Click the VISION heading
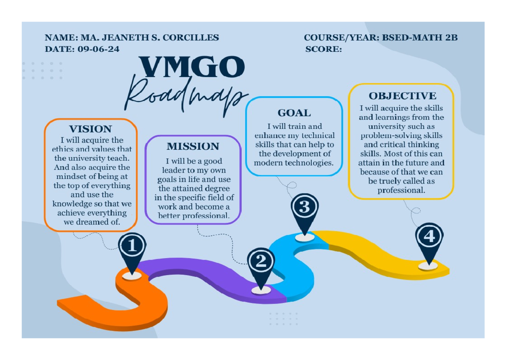[x=90, y=129]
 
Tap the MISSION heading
[x=193, y=147]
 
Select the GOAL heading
[x=294, y=113]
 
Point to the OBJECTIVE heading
[x=402, y=96]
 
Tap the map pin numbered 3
[x=305, y=208]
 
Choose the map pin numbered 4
[x=429, y=237]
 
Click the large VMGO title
[x=192, y=67]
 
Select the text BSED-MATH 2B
[x=420, y=38]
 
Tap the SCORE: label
[x=323, y=49]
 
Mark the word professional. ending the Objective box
[x=401, y=190]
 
